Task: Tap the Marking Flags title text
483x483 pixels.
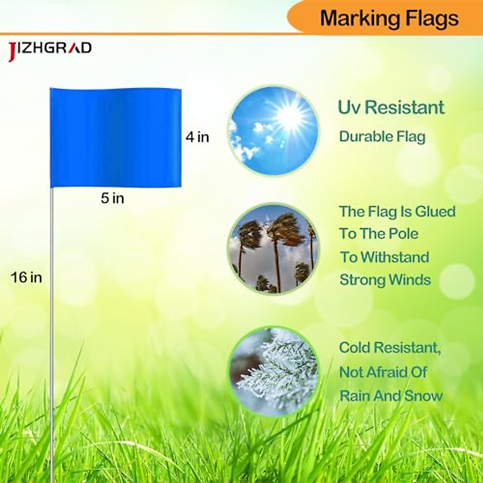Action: click(389, 19)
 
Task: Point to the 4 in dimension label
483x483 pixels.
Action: click(197, 137)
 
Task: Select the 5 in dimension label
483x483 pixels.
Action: click(112, 198)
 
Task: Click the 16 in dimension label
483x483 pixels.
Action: click(27, 277)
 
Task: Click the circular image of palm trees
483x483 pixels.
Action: click(274, 249)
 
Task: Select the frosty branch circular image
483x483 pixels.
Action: click(274, 371)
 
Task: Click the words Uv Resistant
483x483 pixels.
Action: click(391, 107)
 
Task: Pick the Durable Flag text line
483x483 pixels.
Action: click(382, 136)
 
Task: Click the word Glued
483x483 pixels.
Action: click(435, 211)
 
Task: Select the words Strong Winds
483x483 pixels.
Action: click(385, 280)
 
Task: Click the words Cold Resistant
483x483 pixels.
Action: click(390, 347)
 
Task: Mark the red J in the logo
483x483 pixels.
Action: click(12, 52)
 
